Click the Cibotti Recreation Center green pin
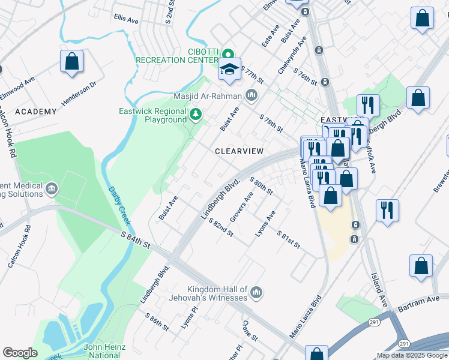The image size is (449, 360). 228,53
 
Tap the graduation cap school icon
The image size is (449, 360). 229,70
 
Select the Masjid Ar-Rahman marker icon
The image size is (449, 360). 251,95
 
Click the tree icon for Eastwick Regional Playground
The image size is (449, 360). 194,114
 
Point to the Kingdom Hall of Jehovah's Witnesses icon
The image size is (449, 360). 256,293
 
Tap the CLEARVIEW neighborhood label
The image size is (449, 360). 239,152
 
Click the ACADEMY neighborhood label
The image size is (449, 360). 36,112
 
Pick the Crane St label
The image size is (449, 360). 250,331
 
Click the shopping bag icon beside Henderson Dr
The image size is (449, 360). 71,62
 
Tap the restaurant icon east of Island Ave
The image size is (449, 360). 387,211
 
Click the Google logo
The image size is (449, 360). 20,353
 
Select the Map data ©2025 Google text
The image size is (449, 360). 411,355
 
